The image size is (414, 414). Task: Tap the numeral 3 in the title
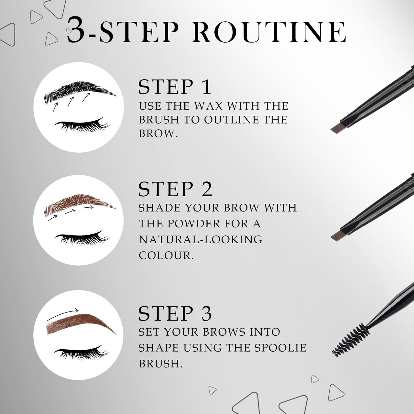(x=78, y=31)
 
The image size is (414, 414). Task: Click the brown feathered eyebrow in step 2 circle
(x=79, y=204)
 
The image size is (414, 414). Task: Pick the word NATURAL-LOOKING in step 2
(x=201, y=239)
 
